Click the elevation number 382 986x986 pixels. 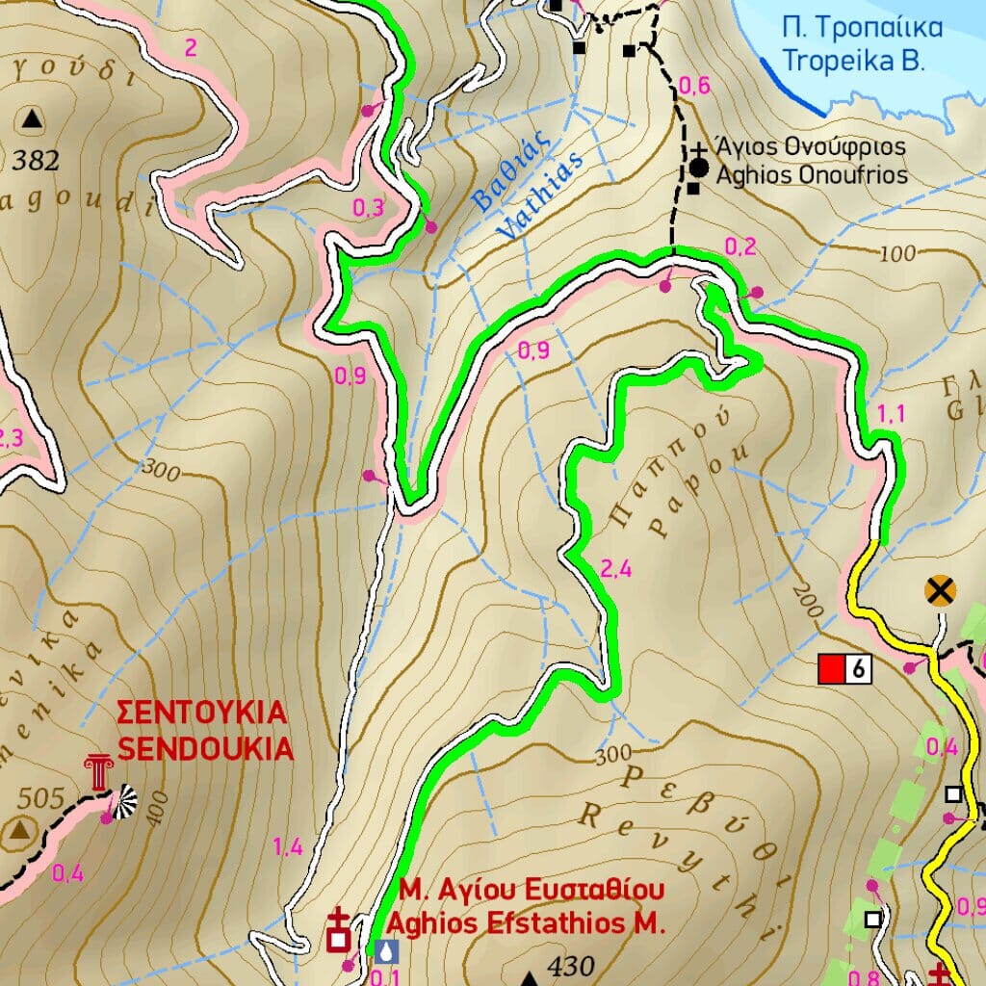(x=37, y=161)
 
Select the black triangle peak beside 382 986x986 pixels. (x=33, y=119)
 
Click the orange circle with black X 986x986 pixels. (x=940, y=590)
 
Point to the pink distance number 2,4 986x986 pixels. (x=615, y=569)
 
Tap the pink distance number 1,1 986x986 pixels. (x=892, y=414)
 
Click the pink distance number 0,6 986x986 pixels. (x=694, y=87)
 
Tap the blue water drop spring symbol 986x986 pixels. (x=386, y=951)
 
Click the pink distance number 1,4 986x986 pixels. (x=288, y=847)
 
